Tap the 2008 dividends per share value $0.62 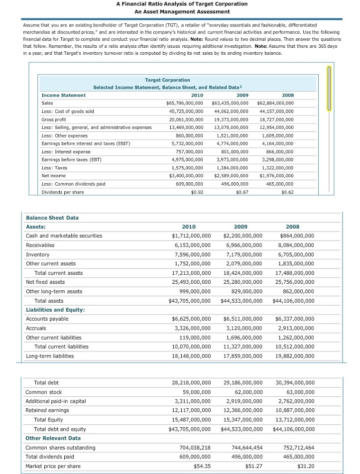[287, 192]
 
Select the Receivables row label [40, 245]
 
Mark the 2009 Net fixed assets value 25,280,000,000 [243, 282]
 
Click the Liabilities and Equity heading [55, 310]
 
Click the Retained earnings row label [47, 410]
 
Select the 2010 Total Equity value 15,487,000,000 [190, 420]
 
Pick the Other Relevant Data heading [53, 438]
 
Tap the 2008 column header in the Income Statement [288, 95]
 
